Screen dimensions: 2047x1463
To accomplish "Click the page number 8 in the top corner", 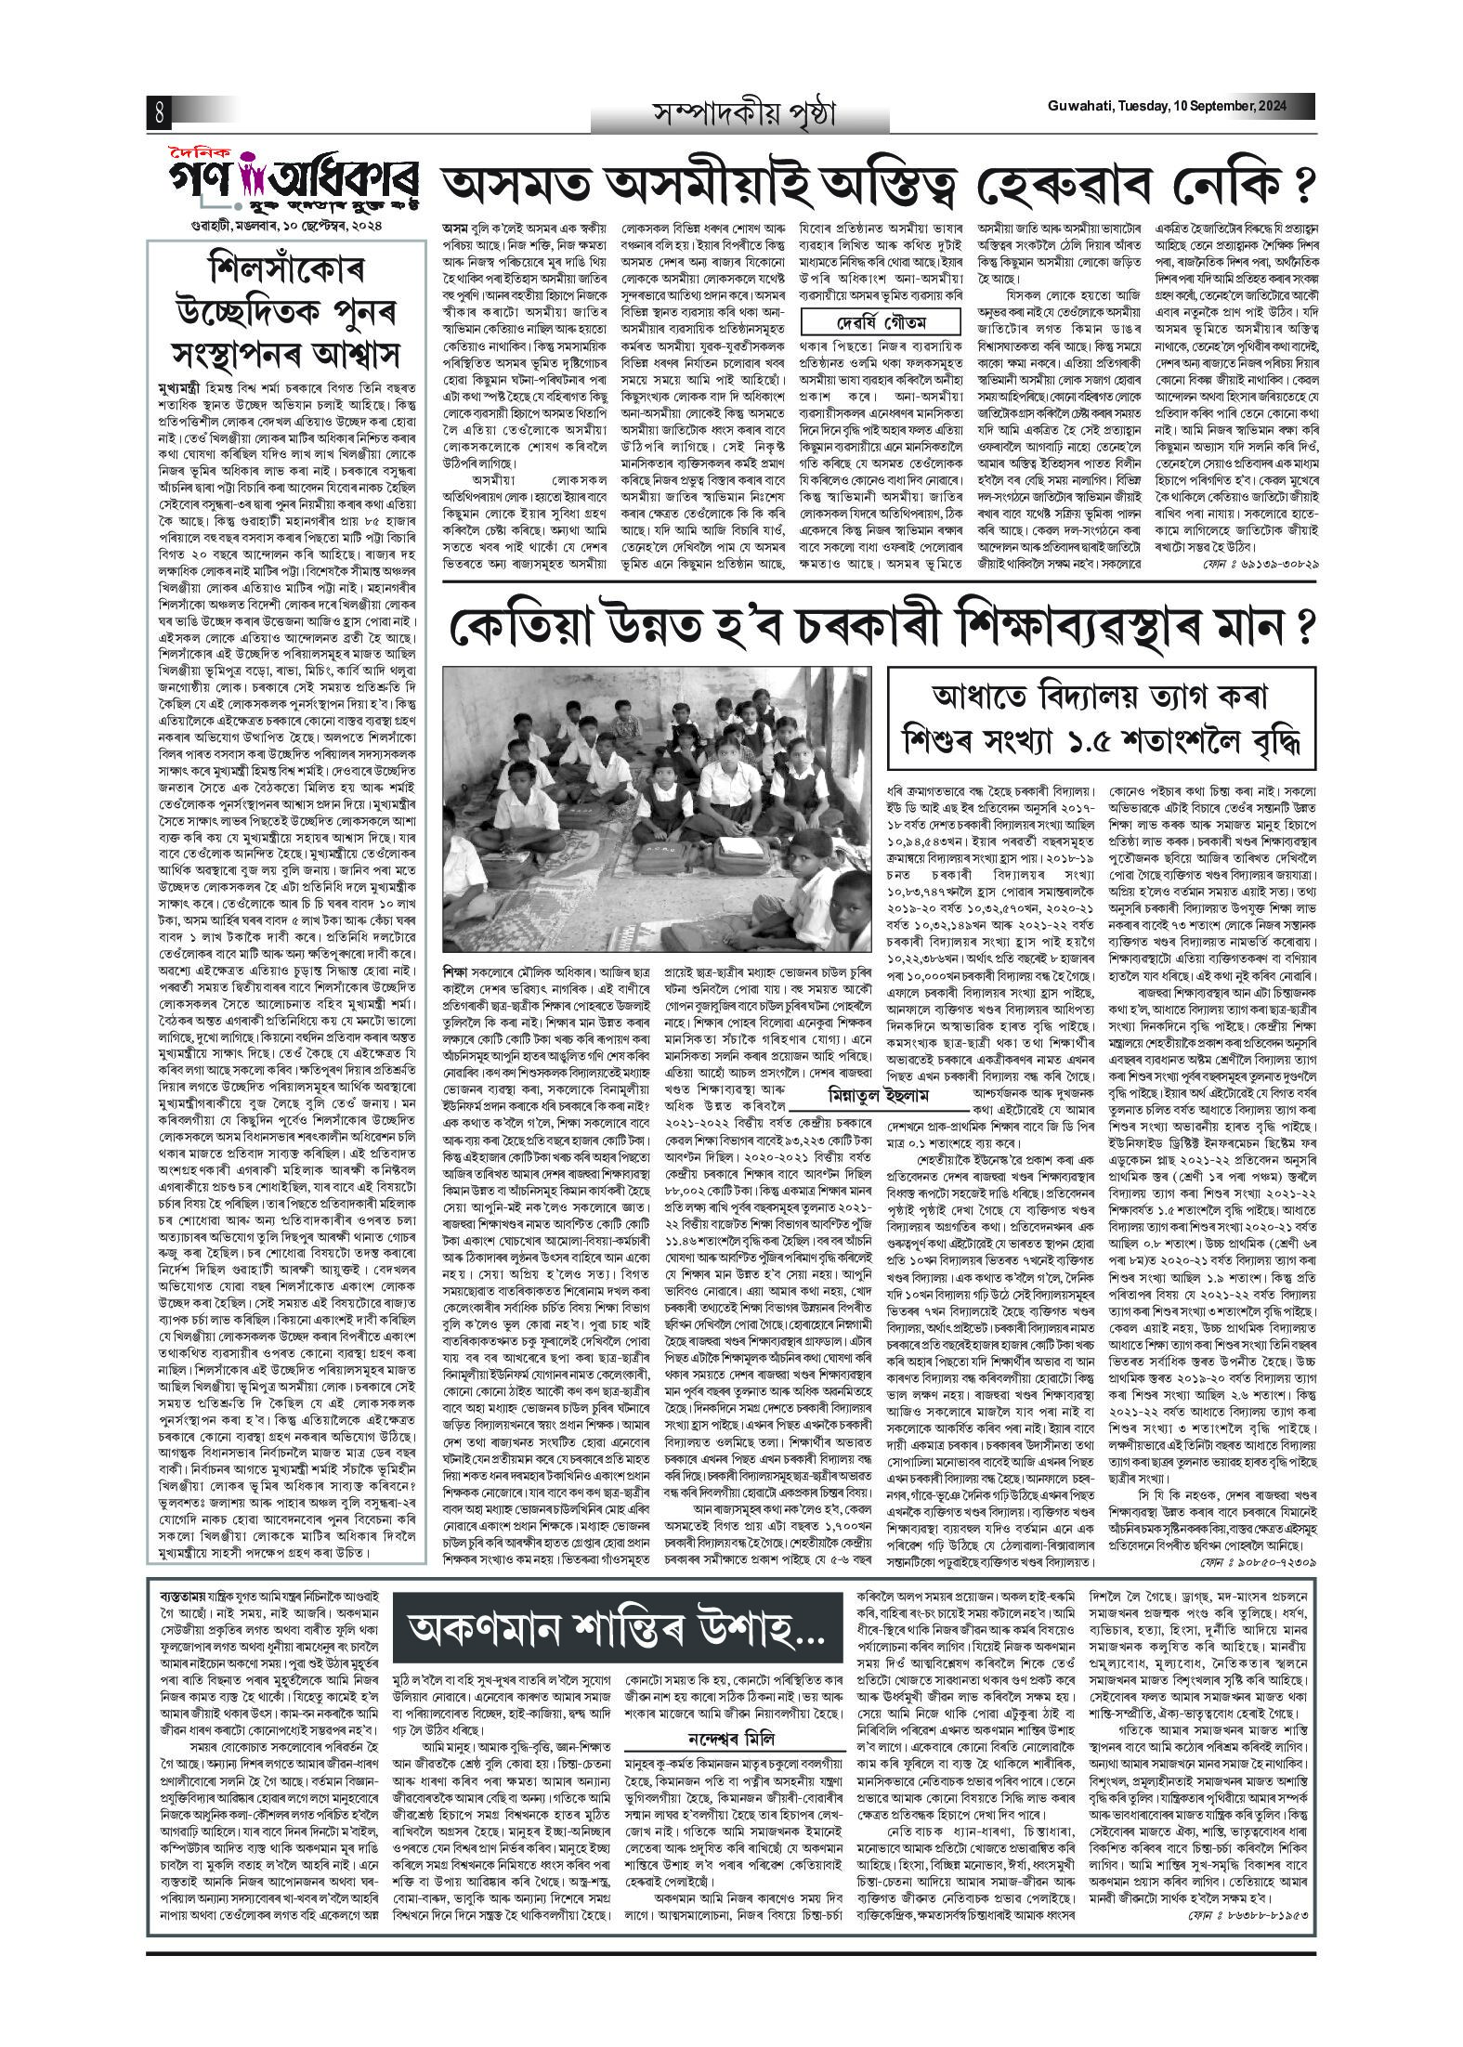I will (x=159, y=113).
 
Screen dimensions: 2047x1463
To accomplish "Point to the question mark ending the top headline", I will (x=1305, y=184).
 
